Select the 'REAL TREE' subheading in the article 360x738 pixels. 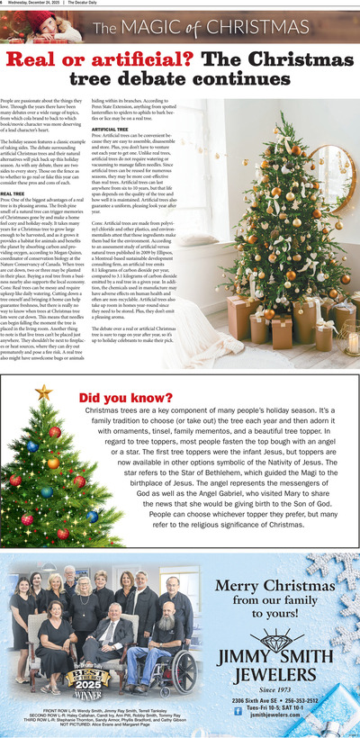tap(13, 193)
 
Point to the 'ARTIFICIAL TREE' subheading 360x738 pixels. tap(109, 130)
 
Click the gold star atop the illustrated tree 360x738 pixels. tap(42, 392)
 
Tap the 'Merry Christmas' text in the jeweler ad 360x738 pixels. tap(276, 586)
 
